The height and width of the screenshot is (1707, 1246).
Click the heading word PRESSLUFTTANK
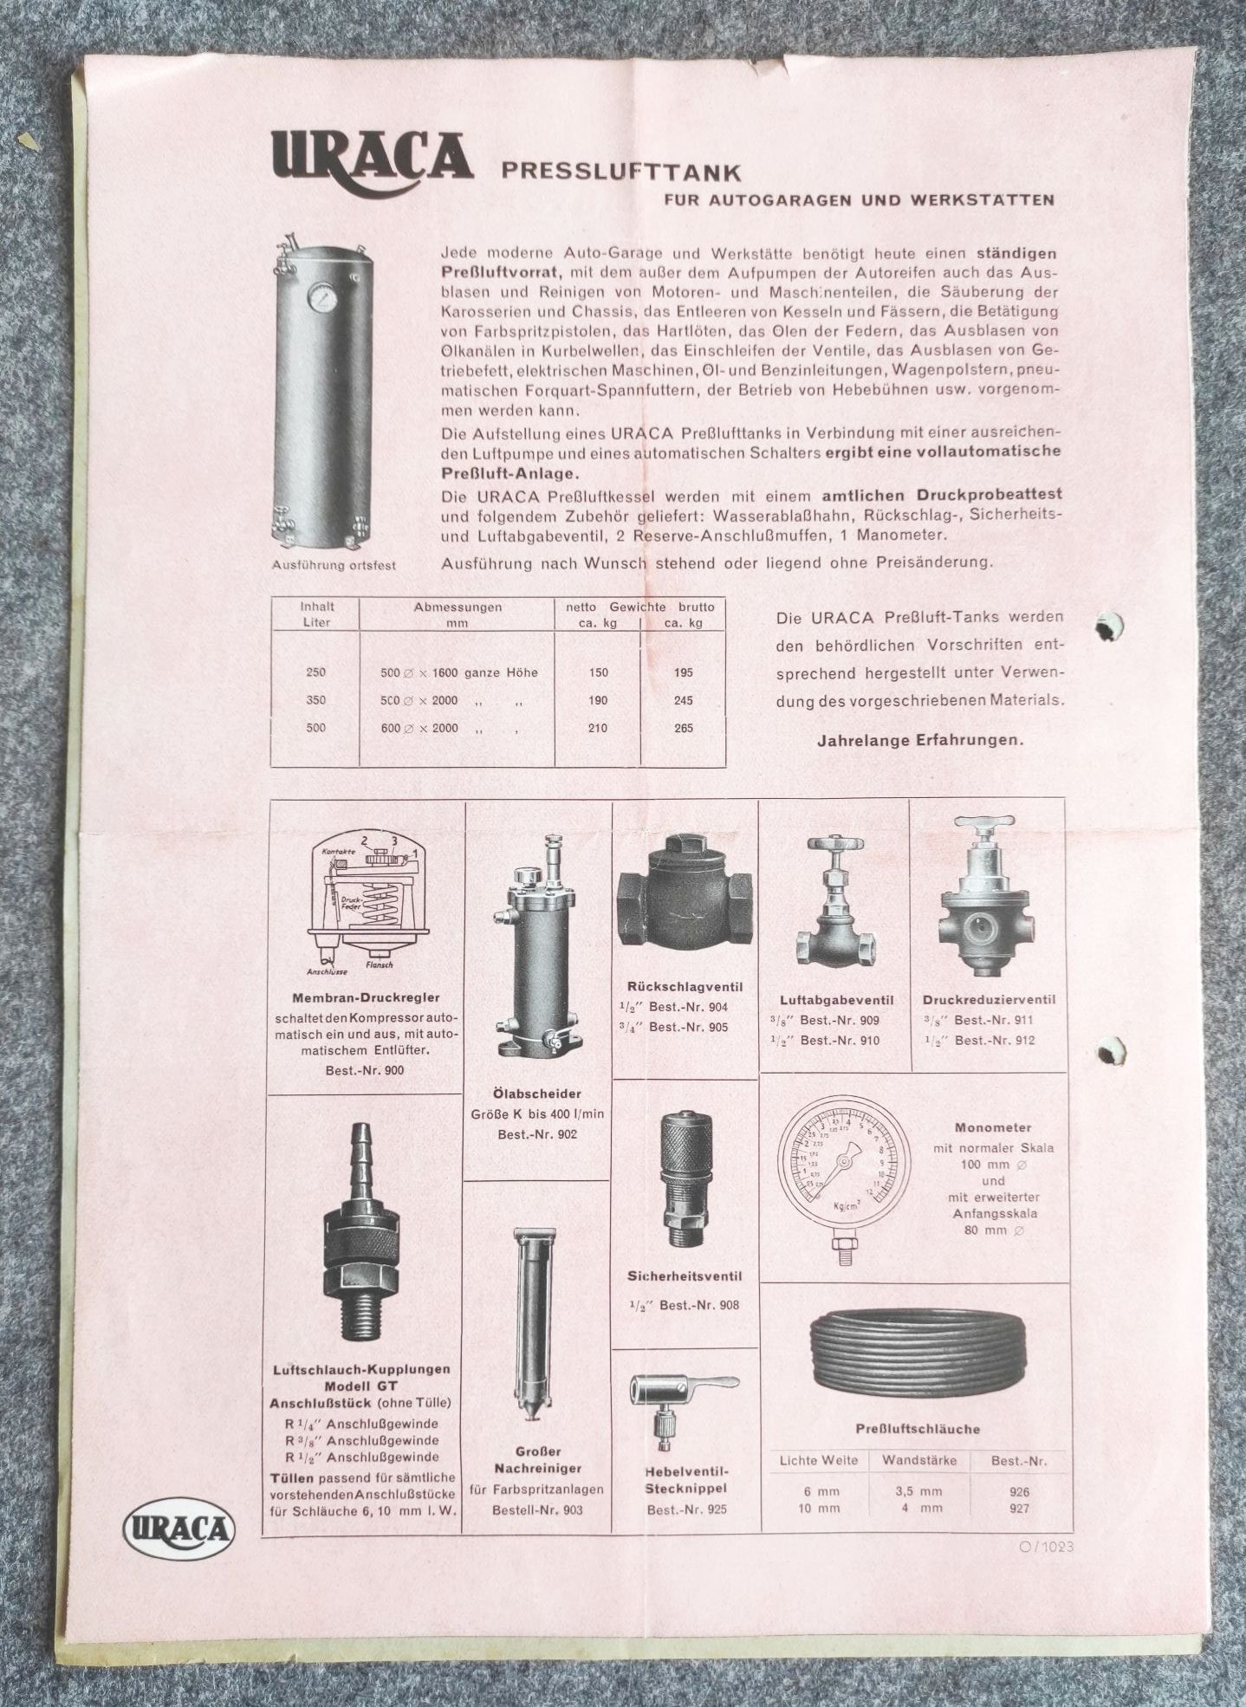[620, 171]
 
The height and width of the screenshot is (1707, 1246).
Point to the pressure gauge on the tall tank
[320, 297]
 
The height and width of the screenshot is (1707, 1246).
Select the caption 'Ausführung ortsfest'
[334, 565]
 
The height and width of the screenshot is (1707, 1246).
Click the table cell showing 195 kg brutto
[683, 672]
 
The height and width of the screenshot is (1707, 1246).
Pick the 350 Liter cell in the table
[316, 700]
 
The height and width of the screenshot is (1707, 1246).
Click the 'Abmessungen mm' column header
[458, 614]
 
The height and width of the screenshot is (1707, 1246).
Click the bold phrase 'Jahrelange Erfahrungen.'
[919, 741]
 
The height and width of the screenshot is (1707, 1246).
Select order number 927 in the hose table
[1019, 1509]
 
